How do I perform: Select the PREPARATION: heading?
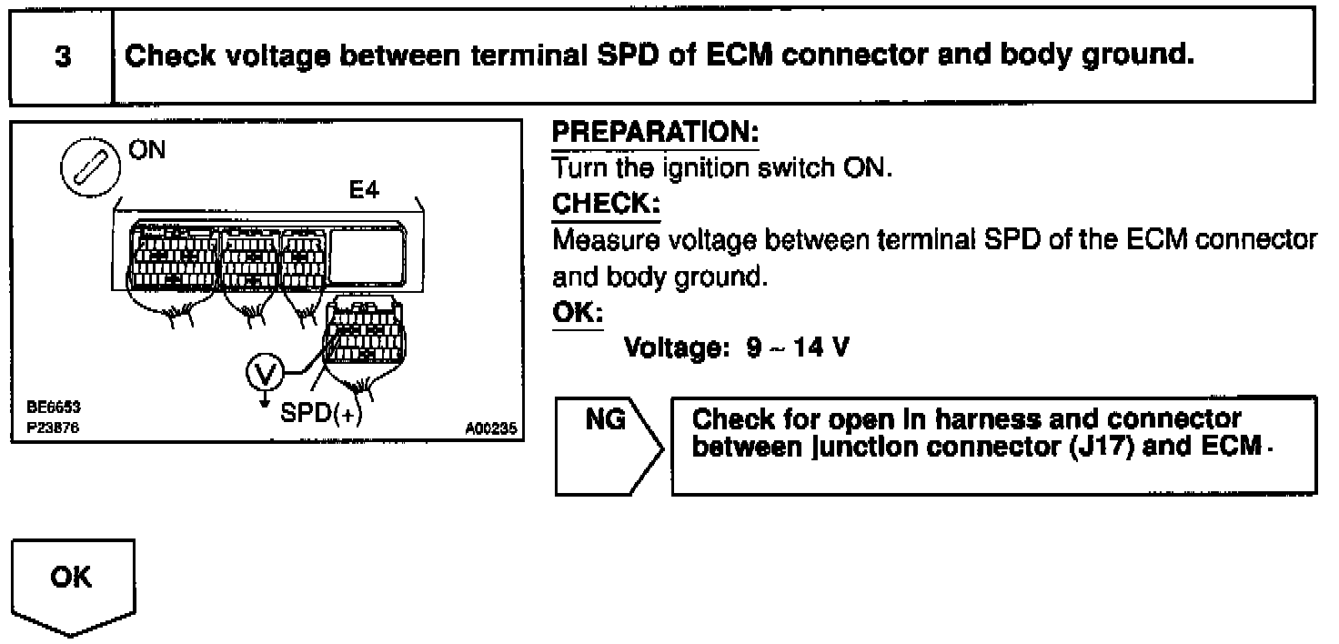pos(655,133)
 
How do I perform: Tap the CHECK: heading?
pos(606,205)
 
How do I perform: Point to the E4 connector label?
pos(364,193)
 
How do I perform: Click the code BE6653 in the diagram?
pos(45,408)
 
